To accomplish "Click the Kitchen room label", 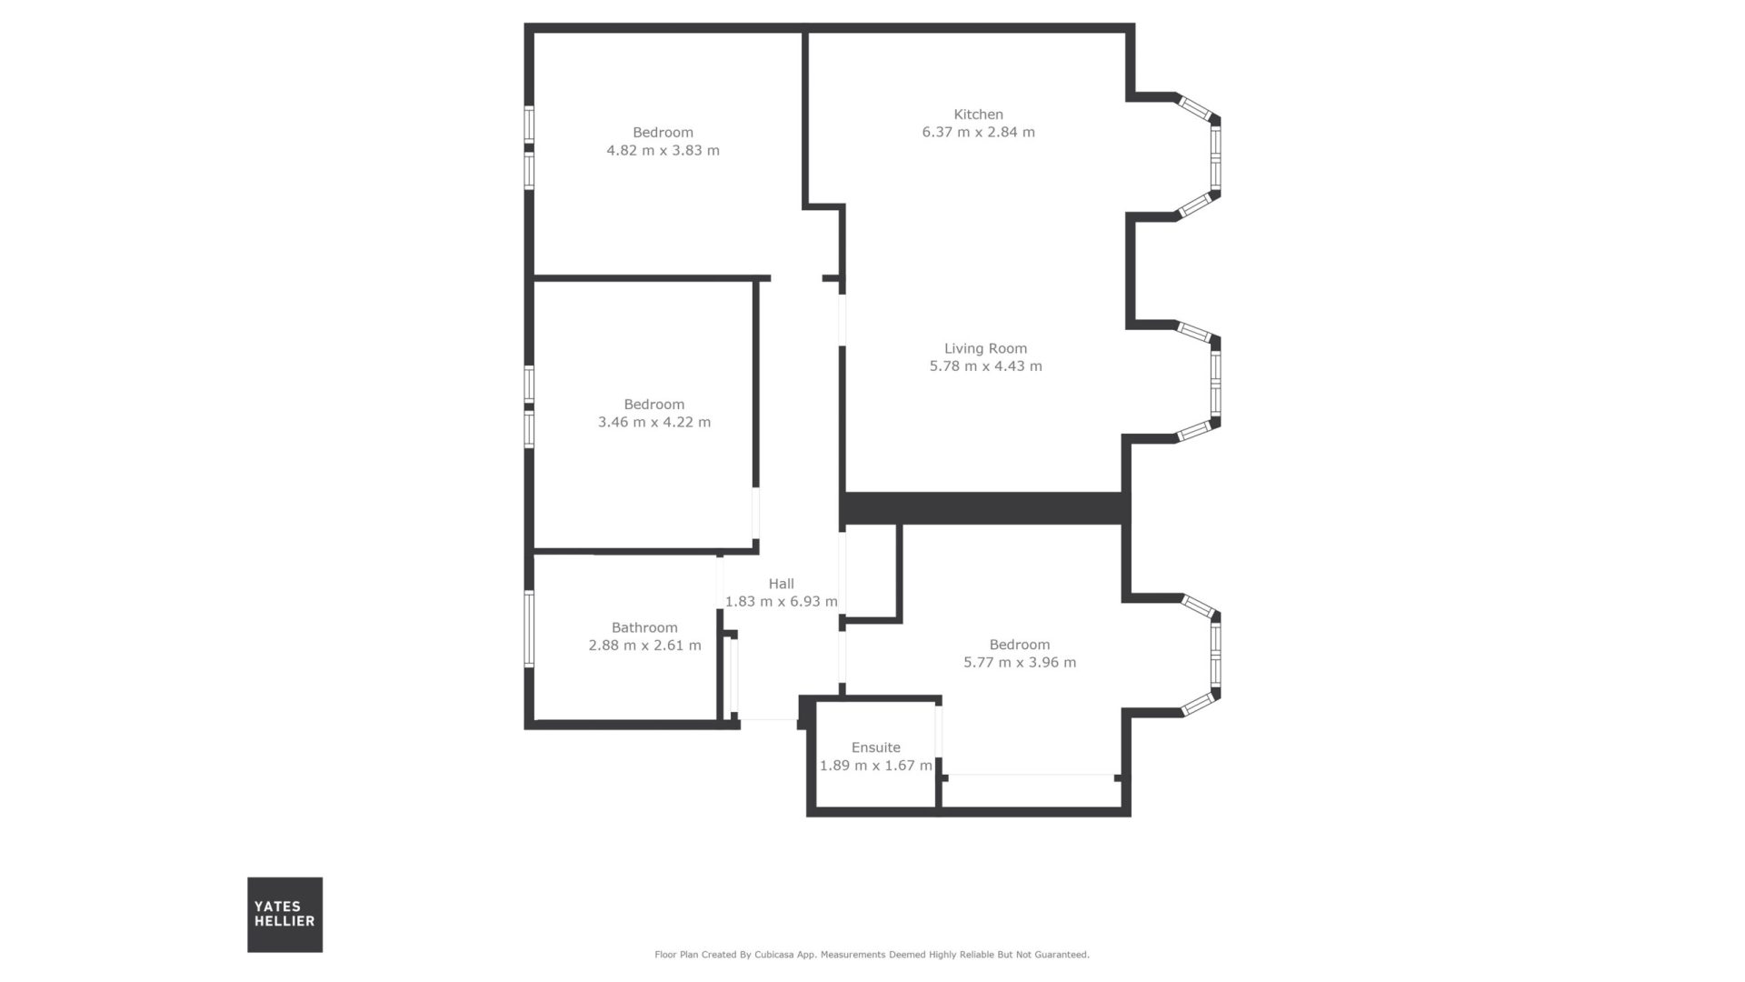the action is (x=978, y=115).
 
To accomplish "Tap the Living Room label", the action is (x=985, y=348).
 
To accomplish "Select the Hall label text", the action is (x=781, y=584).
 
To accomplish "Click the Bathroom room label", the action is (x=644, y=627).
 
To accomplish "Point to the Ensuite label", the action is (x=875, y=747).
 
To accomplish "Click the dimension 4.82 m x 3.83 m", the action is (x=663, y=150).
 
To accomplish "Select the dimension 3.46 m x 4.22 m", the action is (x=654, y=422).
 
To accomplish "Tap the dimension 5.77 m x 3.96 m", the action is (x=1020, y=662).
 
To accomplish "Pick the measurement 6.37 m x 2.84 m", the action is (x=978, y=132).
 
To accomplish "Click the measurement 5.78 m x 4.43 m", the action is (x=985, y=366).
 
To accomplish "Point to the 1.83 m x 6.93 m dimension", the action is (x=781, y=601).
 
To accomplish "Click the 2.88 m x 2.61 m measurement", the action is (x=644, y=646).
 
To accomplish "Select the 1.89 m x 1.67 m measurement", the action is (x=875, y=766).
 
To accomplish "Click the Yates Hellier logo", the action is (x=284, y=915).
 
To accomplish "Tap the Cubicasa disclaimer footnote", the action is (x=872, y=955).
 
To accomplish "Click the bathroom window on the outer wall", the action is (x=529, y=629).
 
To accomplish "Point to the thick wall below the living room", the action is (x=984, y=508).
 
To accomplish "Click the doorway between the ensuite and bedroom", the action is (x=939, y=730).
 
